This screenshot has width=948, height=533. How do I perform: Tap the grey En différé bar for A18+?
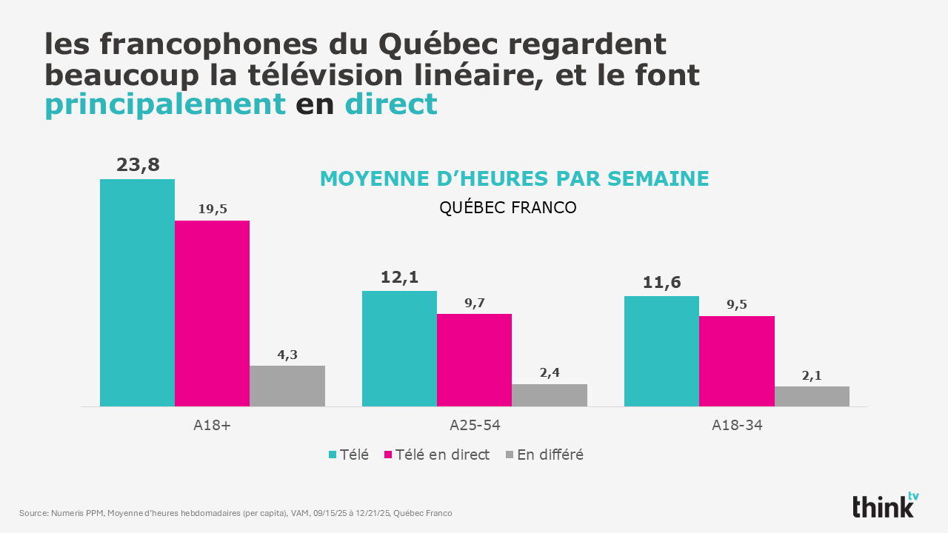click(287, 386)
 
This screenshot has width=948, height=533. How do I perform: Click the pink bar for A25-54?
click(474, 360)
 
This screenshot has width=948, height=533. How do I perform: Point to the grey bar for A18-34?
click(812, 396)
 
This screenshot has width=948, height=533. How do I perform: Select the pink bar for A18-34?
click(737, 361)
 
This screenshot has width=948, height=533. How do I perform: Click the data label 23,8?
click(138, 164)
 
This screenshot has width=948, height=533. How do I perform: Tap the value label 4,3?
click(287, 355)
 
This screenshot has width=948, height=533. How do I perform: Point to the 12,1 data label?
click(399, 277)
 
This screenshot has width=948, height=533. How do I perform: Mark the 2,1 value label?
click(812, 375)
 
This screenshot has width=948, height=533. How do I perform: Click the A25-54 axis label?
click(475, 426)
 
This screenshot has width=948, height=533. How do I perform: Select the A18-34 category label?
click(737, 426)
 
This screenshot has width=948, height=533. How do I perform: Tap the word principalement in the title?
click(165, 104)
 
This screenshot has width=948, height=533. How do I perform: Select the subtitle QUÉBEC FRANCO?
click(508, 207)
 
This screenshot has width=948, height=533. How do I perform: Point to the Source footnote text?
click(236, 513)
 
